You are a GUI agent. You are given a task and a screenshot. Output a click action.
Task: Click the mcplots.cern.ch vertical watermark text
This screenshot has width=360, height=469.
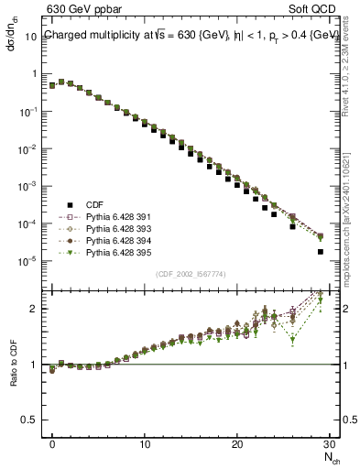pos(352,220)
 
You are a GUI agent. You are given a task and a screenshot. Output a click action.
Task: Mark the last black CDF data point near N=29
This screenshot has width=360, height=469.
pos(321,252)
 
